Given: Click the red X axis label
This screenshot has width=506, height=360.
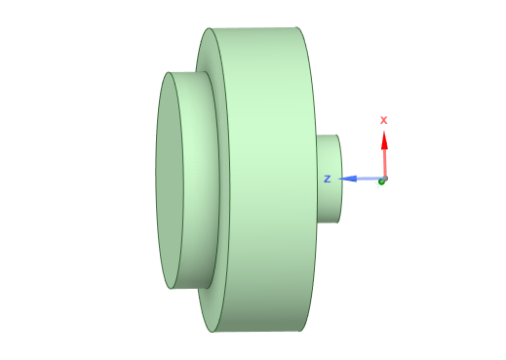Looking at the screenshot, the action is pos(383,120).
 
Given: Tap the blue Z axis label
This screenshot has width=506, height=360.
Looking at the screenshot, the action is pos(328,179).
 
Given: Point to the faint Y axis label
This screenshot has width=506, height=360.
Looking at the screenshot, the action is pos(377,185).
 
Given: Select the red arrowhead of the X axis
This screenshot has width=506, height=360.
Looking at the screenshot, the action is pos(384,140).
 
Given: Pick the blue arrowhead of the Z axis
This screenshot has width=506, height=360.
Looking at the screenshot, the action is pos(347,179).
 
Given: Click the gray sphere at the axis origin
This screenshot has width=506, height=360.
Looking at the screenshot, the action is pos(385,179).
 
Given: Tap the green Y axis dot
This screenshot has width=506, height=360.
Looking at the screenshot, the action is pos(381,182).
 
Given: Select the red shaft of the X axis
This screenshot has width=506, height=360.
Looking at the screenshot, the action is pos(385,163).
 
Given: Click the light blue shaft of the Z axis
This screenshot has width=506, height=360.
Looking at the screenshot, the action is pos(370,179).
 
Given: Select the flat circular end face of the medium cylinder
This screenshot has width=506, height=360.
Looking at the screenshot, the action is pos(170,180).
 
